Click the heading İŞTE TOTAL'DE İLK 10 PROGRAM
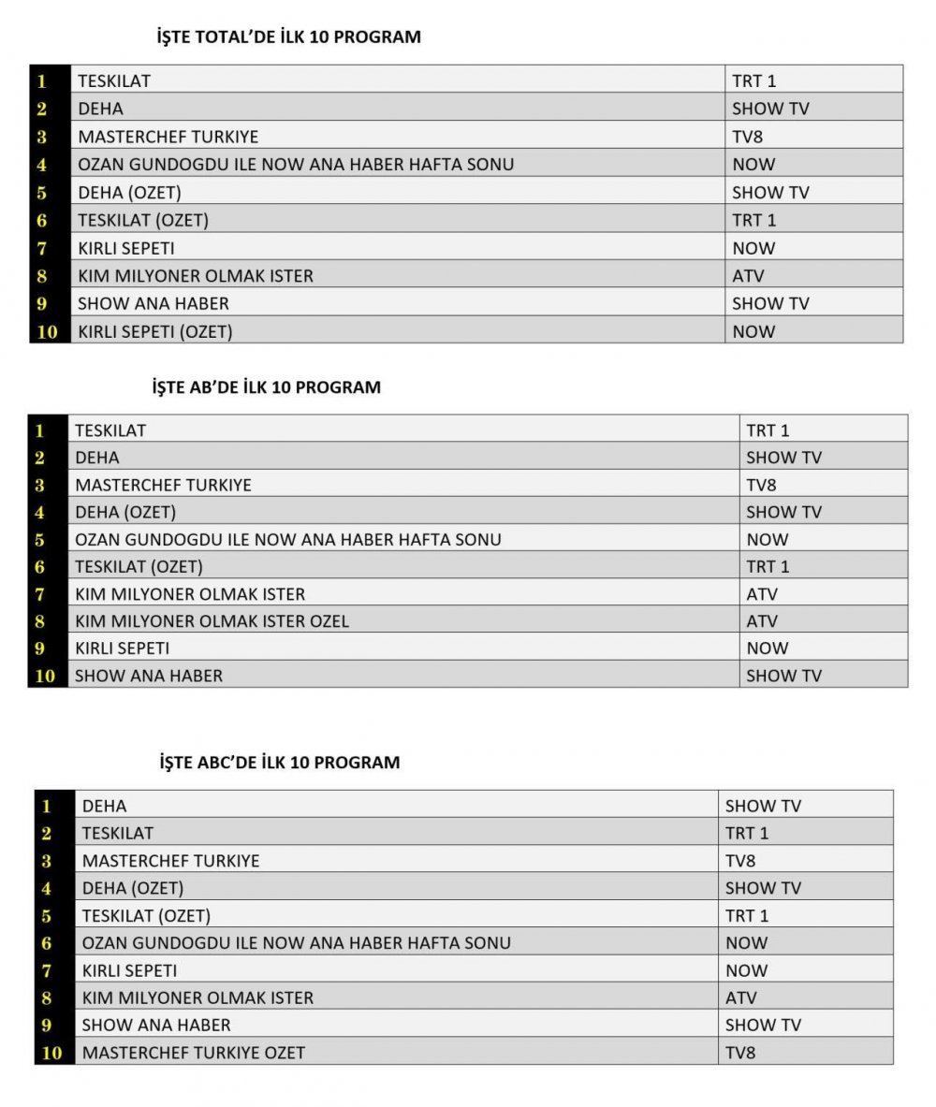tap(288, 37)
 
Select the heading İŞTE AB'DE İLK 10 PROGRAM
tap(267, 387)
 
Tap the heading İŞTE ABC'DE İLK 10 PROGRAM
tap(280, 763)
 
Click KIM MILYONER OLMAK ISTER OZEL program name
tap(212, 621)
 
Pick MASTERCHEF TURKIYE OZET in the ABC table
tap(193, 1053)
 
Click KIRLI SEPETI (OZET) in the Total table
tap(154, 331)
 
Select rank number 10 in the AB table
tap(45, 676)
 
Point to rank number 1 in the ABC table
tap(46, 806)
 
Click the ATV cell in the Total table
tap(748, 276)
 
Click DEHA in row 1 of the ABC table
tap(104, 806)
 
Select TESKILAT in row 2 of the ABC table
tap(117, 833)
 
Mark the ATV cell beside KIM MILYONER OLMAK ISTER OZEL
tap(762, 621)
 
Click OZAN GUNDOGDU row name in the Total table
tap(296, 165)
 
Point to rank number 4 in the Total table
tap(42, 166)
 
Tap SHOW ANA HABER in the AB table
tap(149, 676)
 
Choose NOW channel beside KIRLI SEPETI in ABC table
tap(746, 970)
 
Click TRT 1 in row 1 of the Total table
tap(753, 81)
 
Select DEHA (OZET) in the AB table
tap(125, 513)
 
